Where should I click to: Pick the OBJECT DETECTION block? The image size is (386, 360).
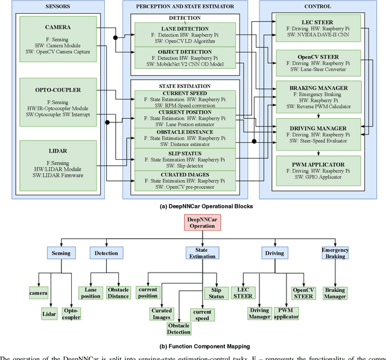185,59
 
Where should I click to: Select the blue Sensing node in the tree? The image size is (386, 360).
61,253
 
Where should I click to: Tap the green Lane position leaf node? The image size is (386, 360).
90,293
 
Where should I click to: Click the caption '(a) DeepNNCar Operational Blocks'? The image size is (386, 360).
193,205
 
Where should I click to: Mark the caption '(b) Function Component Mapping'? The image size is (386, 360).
193,347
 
